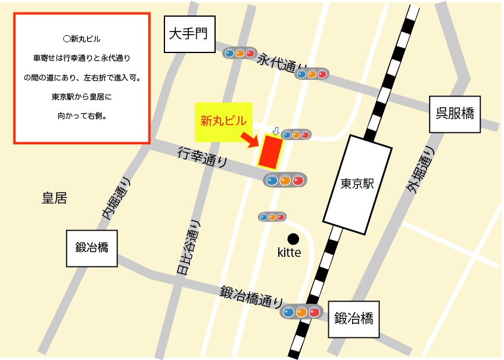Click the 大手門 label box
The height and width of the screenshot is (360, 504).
point(188,33)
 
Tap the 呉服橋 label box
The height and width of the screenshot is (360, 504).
point(455,113)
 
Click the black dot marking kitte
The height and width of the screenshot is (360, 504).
point(293,238)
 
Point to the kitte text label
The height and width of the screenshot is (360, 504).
point(290,253)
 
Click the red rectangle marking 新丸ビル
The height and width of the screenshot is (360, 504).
point(270,152)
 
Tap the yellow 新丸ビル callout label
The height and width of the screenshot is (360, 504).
point(223,122)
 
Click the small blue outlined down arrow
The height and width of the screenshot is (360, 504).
point(275,130)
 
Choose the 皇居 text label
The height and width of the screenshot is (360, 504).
point(54,198)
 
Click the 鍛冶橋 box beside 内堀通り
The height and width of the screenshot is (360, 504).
point(91,248)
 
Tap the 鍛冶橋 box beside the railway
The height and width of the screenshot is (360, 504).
point(353,318)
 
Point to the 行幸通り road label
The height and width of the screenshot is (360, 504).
point(203,157)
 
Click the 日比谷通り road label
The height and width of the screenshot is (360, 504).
point(189,248)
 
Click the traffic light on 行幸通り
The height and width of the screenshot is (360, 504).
point(285,180)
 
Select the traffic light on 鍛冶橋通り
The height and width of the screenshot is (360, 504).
point(301,312)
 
